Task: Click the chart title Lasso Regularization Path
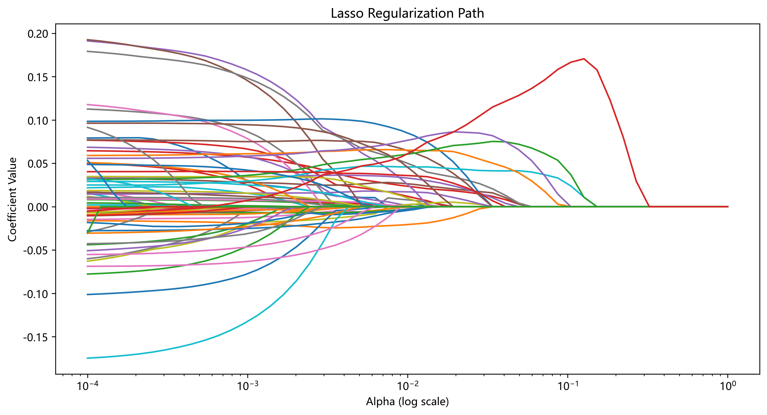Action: click(x=407, y=13)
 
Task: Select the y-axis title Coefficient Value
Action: click(x=12, y=199)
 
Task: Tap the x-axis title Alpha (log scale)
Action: click(x=407, y=401)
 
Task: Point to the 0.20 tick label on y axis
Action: click(x=38, y=34)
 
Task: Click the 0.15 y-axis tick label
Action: click(x=38, y=77)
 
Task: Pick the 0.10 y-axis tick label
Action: click(x=38, y=121)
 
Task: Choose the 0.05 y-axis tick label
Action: click(x=38, y=164)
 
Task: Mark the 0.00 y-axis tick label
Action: click(x=38, y=207)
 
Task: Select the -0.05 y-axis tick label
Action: click(x=36, y=250)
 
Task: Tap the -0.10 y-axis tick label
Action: click(x=36, y=294)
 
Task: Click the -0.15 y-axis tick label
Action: click(x=36, y=337)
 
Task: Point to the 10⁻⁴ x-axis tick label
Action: click(x=88, y=386)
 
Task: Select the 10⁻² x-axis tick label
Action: click(x=408, y=386)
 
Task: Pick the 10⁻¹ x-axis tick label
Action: click(x=568, y=386)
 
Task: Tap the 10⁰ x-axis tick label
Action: click(x=728, y=386)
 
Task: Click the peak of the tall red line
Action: click(x=584, y=59)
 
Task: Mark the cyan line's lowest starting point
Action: click(x=88, y=358)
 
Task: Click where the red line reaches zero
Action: click(x=649, y=206)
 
